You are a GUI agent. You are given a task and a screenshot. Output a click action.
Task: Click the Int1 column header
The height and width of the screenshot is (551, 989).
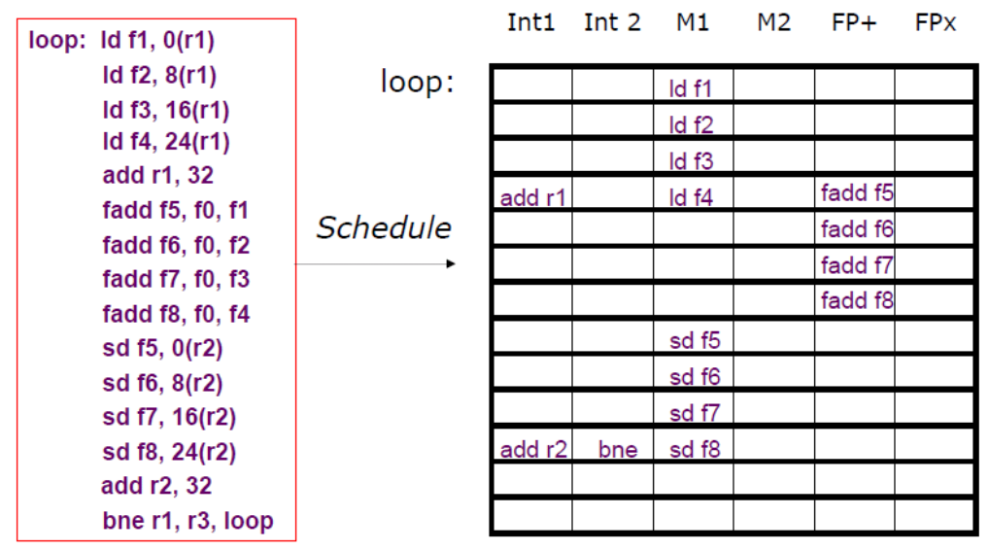(530, 23)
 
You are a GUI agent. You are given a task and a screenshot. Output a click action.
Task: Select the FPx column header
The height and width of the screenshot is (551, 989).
(935, 23)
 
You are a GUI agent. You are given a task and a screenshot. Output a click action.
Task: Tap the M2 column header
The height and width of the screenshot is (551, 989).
(773, 23)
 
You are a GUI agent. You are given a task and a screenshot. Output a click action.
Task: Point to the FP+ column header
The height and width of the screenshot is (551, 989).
(854, 23)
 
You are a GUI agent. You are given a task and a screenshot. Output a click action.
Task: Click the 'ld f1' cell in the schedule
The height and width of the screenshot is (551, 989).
(692, 89)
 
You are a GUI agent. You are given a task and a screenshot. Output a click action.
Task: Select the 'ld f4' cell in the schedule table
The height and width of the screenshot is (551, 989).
(692, 198)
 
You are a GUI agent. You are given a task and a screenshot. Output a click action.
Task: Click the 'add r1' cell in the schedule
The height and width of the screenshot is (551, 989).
(532, 198)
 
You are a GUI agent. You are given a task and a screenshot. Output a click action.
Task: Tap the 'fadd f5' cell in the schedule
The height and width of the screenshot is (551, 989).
(856, 192)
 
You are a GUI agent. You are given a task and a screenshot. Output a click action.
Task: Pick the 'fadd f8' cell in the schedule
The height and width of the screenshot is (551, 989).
(856, 300)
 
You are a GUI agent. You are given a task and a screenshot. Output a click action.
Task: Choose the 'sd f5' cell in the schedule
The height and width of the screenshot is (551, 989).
(694, 341)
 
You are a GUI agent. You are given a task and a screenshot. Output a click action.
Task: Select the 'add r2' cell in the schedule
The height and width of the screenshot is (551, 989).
(532, 450)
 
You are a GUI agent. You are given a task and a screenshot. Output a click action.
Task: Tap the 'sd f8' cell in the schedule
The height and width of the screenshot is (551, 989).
(694, 450)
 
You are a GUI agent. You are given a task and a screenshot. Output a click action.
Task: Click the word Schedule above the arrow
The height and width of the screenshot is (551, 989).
(383, 228)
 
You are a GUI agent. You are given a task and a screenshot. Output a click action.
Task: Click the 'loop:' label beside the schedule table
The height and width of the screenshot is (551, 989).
(417, 83)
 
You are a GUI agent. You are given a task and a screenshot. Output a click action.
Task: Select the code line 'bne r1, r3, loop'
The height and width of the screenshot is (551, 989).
(188, 520)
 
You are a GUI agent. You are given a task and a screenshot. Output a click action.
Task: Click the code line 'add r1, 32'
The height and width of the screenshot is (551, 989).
(157, 176)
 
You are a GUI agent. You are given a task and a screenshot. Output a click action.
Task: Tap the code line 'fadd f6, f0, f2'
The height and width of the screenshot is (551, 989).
(176, 245)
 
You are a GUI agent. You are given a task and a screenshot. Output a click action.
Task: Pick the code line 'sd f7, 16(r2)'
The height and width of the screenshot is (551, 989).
(169, 417)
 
